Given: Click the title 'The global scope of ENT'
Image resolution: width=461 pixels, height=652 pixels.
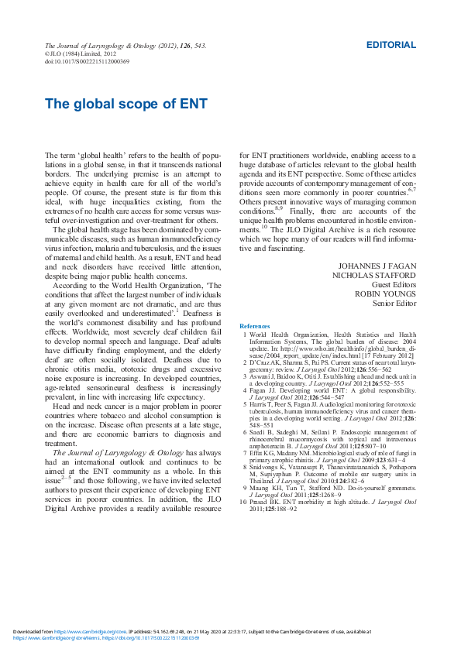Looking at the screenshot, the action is tap(126, 103).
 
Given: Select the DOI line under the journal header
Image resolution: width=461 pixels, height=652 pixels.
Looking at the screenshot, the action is tap(87, 61).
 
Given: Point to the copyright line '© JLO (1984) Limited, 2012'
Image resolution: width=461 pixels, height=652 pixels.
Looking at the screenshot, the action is tap(74, 54).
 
